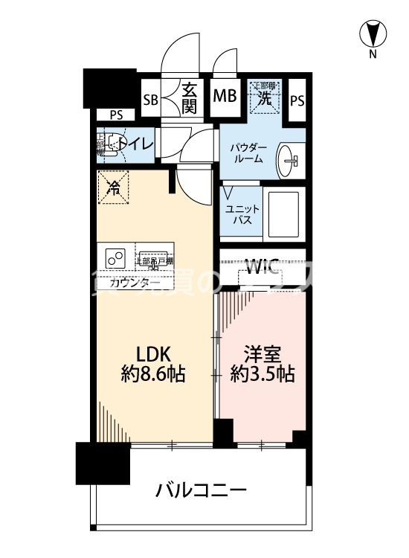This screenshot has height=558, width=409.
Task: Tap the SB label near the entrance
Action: [x=150, y=99]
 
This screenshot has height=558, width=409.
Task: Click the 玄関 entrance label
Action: [x=189, y=96]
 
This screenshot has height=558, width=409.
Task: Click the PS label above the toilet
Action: [x=116, y=115]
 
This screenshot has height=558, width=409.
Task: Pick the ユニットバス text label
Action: [x=243, y=215]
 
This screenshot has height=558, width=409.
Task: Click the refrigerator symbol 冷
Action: [x=113, y=188]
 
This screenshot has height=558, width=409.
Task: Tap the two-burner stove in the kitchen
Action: [x=116, y=258]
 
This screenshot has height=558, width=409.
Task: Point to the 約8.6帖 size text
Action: [x=153, y=375]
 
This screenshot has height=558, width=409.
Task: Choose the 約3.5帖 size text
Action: [x=263, y=375]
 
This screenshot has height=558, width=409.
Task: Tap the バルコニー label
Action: [x=201, y=490]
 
